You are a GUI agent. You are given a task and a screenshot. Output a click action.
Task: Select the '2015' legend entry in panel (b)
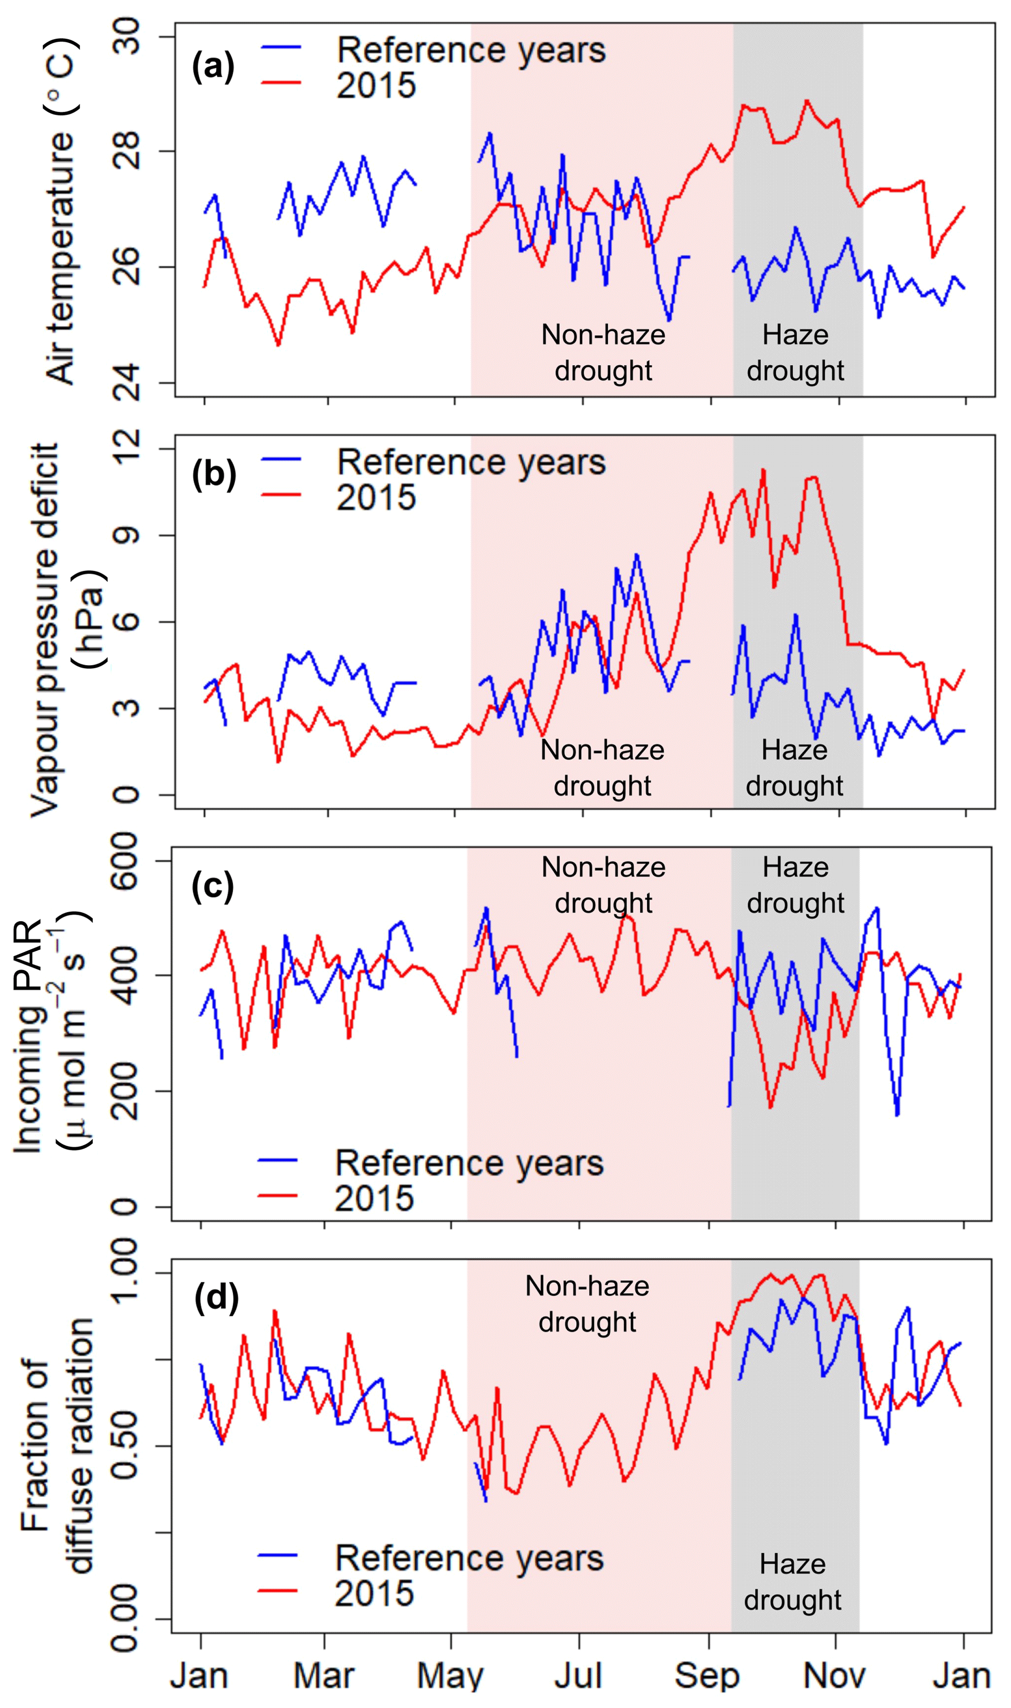(x=376, y=497)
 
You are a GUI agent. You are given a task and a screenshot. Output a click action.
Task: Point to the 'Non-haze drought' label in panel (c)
(x=603, y=885)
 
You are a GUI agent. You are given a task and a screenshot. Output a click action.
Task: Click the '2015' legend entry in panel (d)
(x=374, y=1593)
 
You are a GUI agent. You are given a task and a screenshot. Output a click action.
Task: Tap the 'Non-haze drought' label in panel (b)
(x=602, y=767)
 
